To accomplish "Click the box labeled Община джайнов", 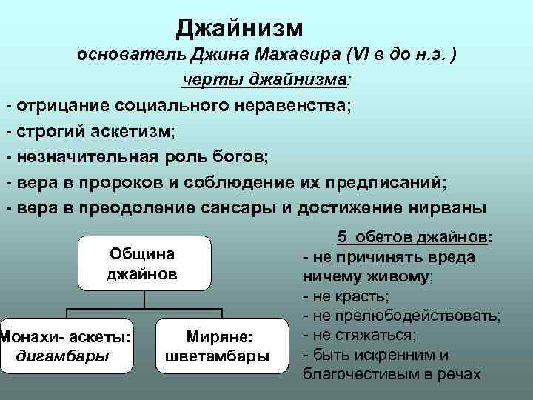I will (x=142, y=264).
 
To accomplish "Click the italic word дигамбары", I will (x=62, y=356).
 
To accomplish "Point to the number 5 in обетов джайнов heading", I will (x=342, y=238).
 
